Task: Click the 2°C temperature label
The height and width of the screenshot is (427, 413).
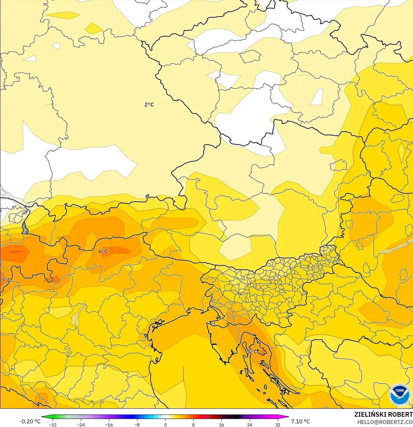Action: (x=149, y=105)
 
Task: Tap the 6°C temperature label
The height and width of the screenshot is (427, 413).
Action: (x=103, y=251)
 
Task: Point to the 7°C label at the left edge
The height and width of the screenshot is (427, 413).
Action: (x=6, y=280)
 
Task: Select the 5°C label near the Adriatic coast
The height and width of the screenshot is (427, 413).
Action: (x=252, y=351)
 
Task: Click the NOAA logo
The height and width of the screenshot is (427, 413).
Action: (x=400, y=395)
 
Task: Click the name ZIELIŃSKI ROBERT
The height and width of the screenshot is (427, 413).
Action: (x=383, y=414)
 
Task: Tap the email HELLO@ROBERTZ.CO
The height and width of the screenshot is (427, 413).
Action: (x=385, y=422)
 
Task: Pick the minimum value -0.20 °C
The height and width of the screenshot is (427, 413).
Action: (x=30, y=421)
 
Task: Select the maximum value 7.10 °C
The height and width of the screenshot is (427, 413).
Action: (x=300, y=421)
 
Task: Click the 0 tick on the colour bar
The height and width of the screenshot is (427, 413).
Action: (x=166, y=424)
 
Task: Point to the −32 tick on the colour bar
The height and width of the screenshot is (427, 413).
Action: (x=53, y=424)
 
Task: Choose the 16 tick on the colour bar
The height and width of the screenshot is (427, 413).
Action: (x=222, y=424)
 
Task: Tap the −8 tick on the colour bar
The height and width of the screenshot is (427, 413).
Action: (x=137, y=424)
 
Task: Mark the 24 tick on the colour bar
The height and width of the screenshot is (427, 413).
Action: (x=250, y=424)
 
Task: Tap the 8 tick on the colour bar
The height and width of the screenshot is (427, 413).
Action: (x=193, y=424)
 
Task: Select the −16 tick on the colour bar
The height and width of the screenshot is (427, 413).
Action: (x=109, y=424)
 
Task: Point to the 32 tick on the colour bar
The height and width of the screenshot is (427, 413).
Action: (x=278, y=424)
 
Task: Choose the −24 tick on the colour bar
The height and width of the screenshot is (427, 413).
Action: (x=81, y=424)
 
